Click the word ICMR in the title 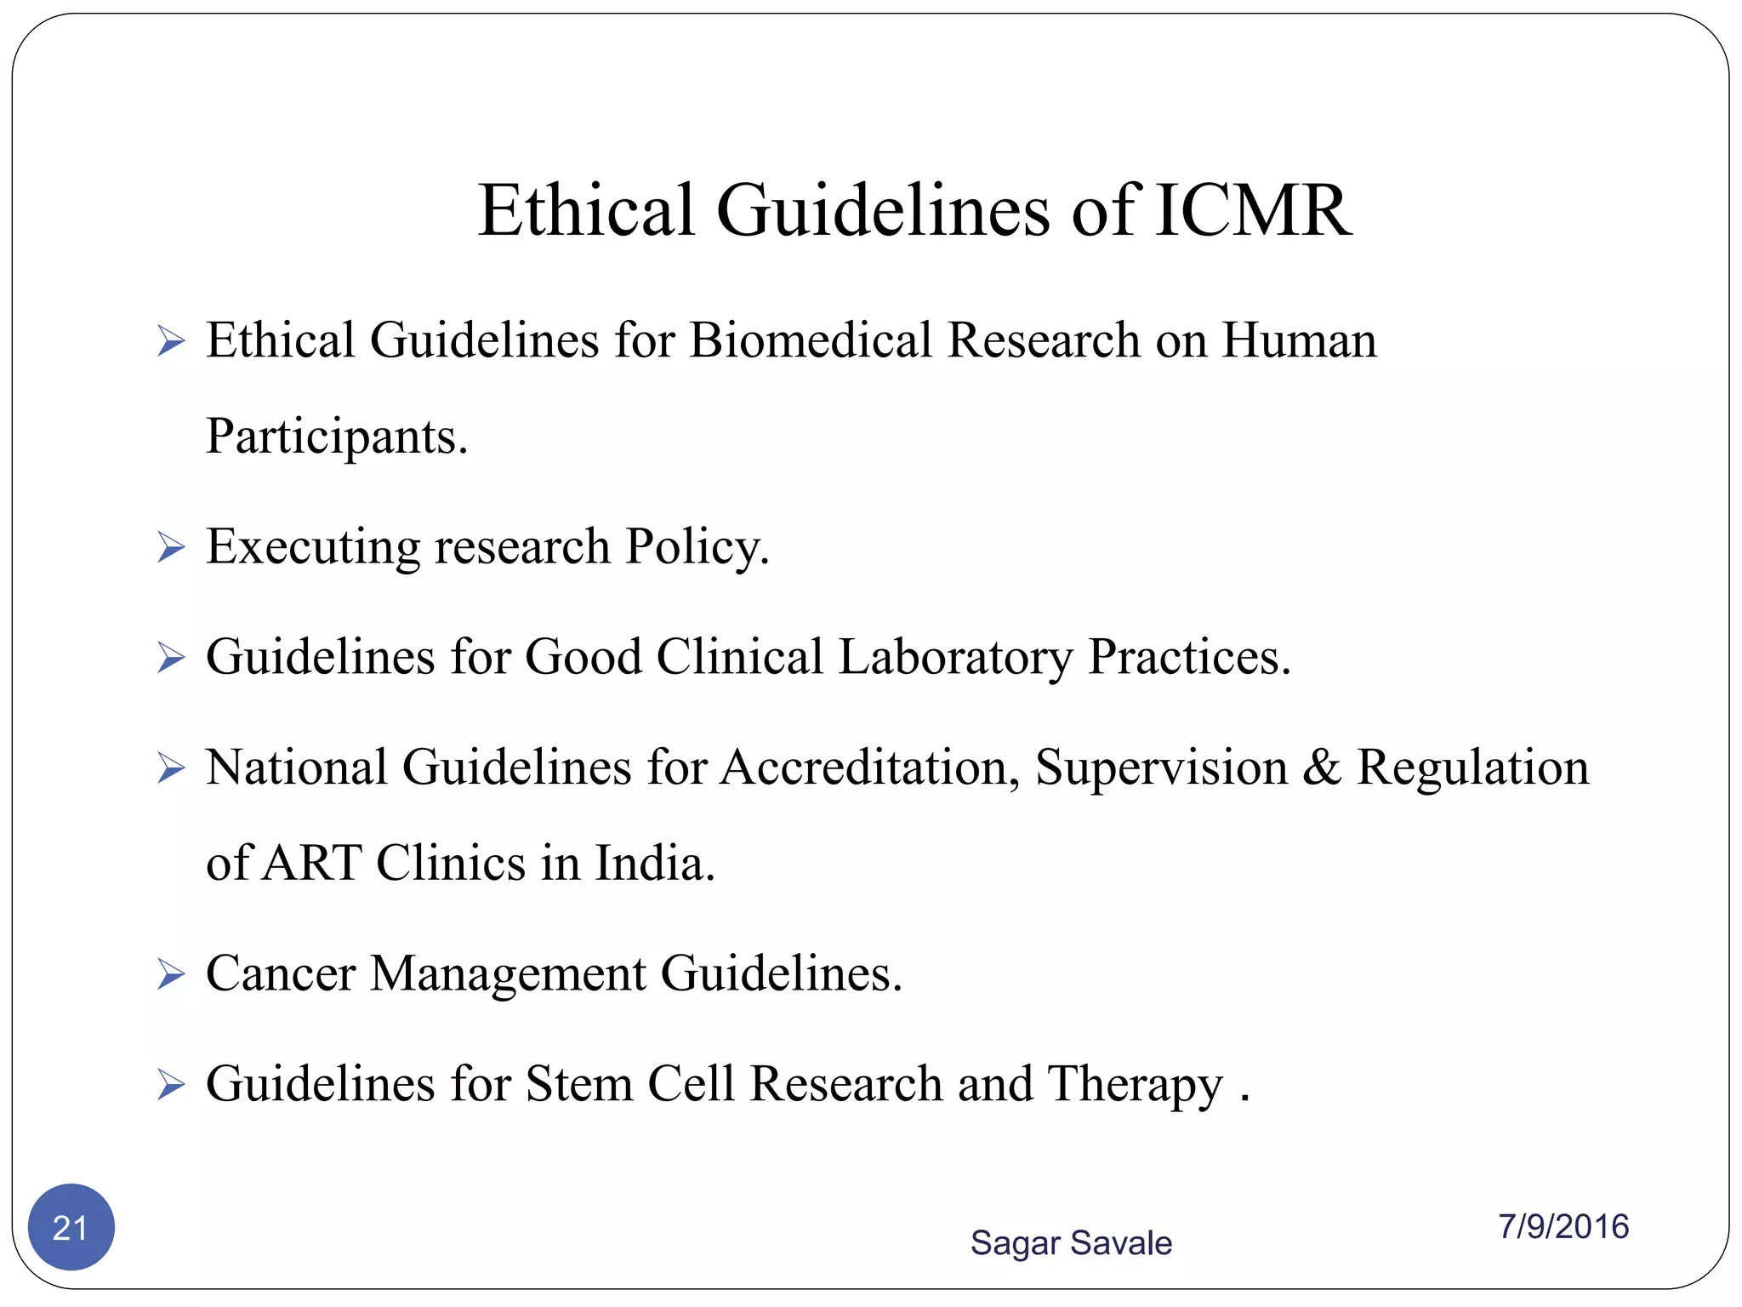1253,210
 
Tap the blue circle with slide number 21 71,1227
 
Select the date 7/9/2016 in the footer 1563,1226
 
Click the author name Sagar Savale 1071,1242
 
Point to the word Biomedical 811,340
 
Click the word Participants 337,437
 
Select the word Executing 313,547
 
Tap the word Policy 697,547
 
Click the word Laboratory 955,658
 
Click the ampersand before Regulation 1321,768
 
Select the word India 654,863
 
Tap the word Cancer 281,973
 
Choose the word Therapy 1135,1086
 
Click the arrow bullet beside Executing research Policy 171,547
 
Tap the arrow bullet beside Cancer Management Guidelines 171,973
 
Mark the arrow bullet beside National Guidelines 171,768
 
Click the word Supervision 1161,768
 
